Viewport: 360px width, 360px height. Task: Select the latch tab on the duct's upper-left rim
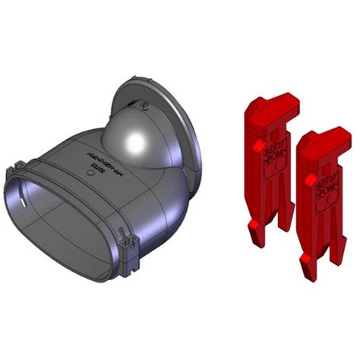click(22, 166)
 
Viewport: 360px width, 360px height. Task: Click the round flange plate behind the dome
click(182, 114)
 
